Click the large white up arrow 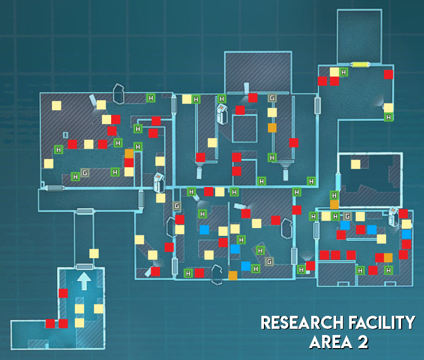click(x=84, y=282)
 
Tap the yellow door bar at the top click(x=360, y=65)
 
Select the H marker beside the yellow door click(x=343, y=72)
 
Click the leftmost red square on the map click(x=50, y=323)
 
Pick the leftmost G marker click(x=85, y=172)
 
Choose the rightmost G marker click(x=347, y=216)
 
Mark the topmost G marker click(x=272, y=98)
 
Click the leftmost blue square click(x=204, y=229)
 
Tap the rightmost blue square click(x=406, y=234)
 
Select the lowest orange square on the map click(x=233, y=275)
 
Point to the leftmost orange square click(x=129, y=153)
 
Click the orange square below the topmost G click(x=272, y=127)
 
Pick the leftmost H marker click(x=58, y=150)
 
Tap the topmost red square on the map click(x=388, y=74)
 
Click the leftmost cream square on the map click(x=49, y=163)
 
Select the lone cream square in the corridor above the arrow click(x=94, y=254)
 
